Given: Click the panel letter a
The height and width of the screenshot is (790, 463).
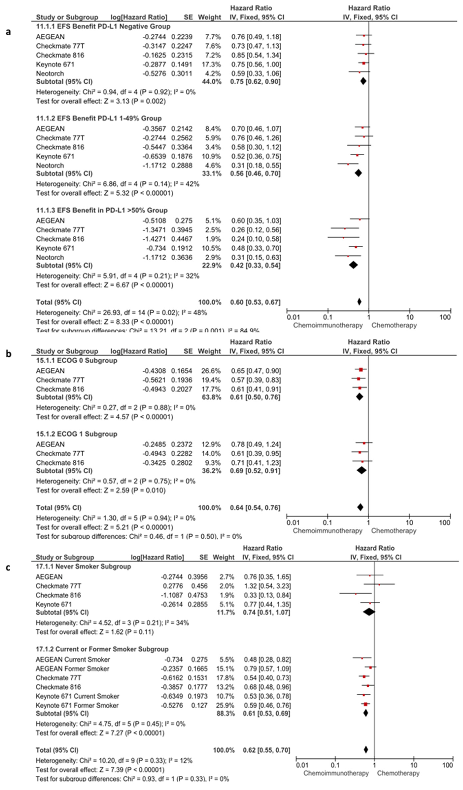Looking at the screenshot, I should click(x=8, y=32).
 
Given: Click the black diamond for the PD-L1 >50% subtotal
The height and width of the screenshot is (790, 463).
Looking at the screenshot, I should click(x=353, y=265).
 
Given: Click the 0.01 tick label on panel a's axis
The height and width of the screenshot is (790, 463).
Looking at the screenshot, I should click(x=293, y=317).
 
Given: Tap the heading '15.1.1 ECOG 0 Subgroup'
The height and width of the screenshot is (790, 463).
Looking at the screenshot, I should click(x=77, y=361).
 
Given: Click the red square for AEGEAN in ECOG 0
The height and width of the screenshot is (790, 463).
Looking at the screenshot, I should click(x=361, y=370).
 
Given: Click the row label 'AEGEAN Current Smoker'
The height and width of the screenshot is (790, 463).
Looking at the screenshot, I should click(x=73, y=660).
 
